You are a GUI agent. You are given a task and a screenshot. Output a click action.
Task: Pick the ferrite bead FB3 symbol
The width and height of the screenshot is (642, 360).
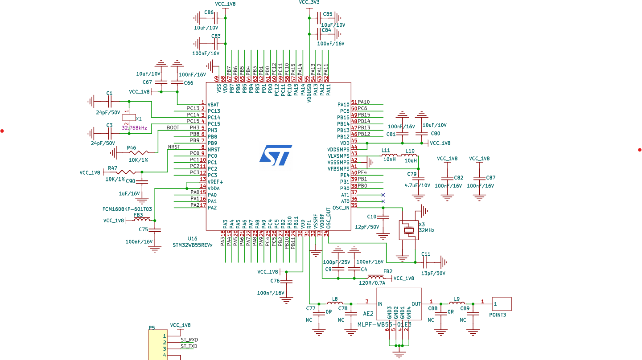(142, 220)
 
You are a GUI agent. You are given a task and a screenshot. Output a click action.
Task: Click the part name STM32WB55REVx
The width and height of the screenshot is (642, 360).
(193, 245)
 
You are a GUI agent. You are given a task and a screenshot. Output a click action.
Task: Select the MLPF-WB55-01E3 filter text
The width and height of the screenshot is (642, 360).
(384, 324)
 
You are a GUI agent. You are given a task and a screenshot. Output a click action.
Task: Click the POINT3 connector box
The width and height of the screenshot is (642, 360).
(502, 304)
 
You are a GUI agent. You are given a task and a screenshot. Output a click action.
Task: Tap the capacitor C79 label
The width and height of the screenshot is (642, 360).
(412, 174)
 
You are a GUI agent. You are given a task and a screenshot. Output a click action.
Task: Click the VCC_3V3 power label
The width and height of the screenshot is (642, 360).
(309, 3)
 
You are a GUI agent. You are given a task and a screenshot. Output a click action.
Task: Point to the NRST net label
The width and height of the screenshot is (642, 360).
(174, 147)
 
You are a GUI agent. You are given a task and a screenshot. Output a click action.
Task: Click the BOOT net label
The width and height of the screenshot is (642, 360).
(173, 128)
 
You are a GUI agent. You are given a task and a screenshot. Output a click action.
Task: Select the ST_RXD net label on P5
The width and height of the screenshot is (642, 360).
(189, 340)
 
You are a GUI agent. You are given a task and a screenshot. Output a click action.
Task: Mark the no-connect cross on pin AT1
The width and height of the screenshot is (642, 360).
(383, 195)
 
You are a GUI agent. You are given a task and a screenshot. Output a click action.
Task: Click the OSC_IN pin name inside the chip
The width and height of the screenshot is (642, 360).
(341, 208)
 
